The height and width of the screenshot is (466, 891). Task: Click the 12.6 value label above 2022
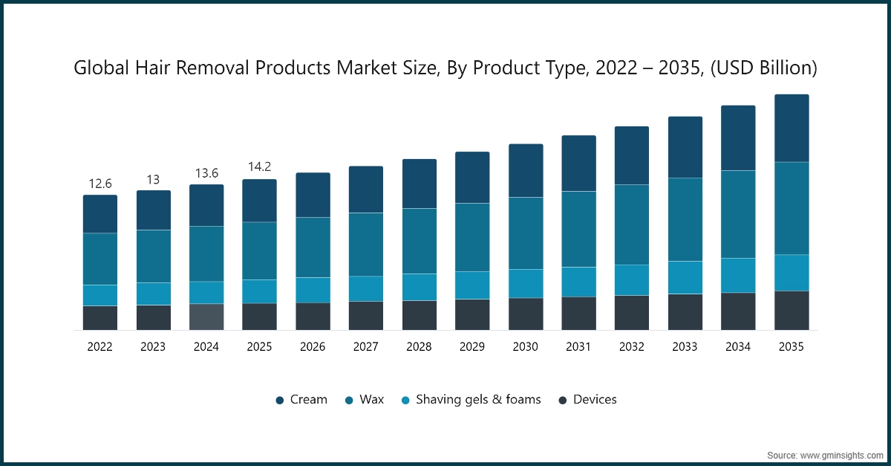point(99,184)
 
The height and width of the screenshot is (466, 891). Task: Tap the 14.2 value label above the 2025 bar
point(259,167)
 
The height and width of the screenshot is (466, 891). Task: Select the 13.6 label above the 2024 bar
point(206,173)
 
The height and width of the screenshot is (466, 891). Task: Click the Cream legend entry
point(301,400)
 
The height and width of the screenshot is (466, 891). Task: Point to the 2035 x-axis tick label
point(792,347)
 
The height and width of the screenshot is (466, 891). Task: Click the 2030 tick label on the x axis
point(526,347)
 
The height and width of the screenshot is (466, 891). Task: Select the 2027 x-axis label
point(366,347)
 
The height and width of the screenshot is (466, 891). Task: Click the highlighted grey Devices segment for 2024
point(206,317)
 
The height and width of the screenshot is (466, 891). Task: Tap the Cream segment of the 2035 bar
point(792,128)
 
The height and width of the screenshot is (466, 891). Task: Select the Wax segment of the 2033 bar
point(685,219)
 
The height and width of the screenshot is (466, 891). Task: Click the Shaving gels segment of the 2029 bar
point(472,285)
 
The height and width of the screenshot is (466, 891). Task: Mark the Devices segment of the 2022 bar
point(99,317)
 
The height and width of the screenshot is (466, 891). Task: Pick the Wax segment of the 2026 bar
point(313,247)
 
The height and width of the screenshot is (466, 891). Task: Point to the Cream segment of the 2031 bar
point(578,164)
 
